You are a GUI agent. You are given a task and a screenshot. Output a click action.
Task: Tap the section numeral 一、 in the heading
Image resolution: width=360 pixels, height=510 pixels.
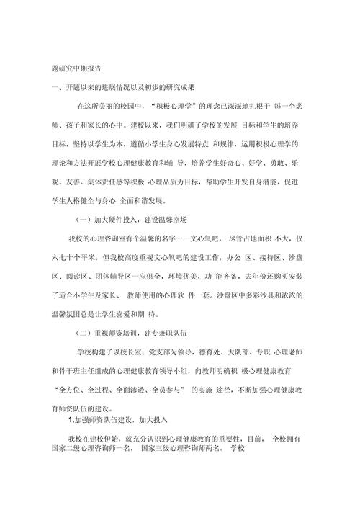(x=50, y=88)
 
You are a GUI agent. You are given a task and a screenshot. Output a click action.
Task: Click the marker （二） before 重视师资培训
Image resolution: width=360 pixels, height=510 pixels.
(x=81, y=332)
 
